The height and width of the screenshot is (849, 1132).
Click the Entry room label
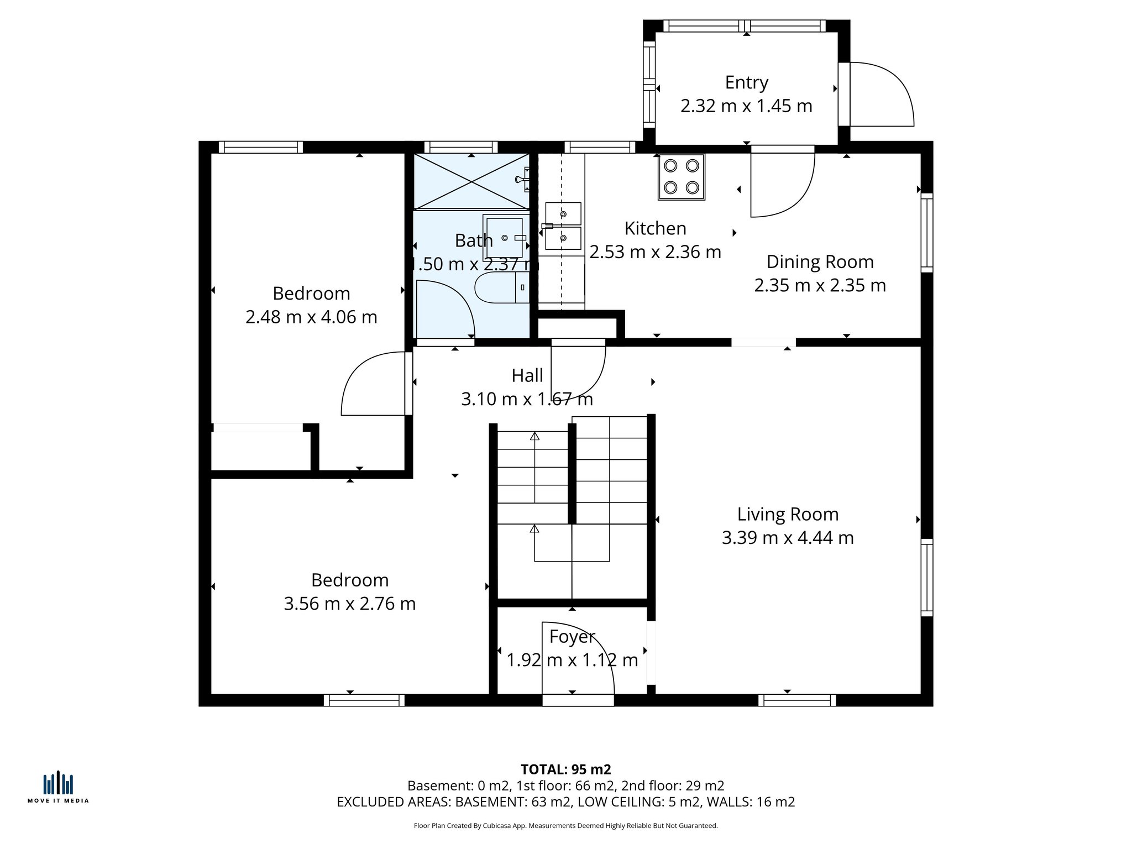tap(746, 83)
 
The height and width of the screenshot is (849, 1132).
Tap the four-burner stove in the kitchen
tap(681, 177)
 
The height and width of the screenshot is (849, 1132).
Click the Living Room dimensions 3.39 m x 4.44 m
tap(787, 538)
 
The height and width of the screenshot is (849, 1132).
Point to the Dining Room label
tap(820, 262)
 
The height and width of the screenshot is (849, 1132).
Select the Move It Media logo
tap(58, 787)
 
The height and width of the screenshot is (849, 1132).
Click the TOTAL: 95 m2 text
tap(565, 769)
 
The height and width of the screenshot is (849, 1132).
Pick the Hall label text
tap(527, 376)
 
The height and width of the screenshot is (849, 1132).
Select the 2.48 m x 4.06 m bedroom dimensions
tap(311, 317)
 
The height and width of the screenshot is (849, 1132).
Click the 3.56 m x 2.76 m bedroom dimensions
tap(349, 604)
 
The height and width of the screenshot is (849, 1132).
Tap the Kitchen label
tap(655, 229)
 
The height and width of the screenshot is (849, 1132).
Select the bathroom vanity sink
tap(504, 238)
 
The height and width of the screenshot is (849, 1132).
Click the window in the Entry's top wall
tap(745, 26)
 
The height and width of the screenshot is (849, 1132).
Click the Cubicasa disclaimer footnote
tap(565, 826)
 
